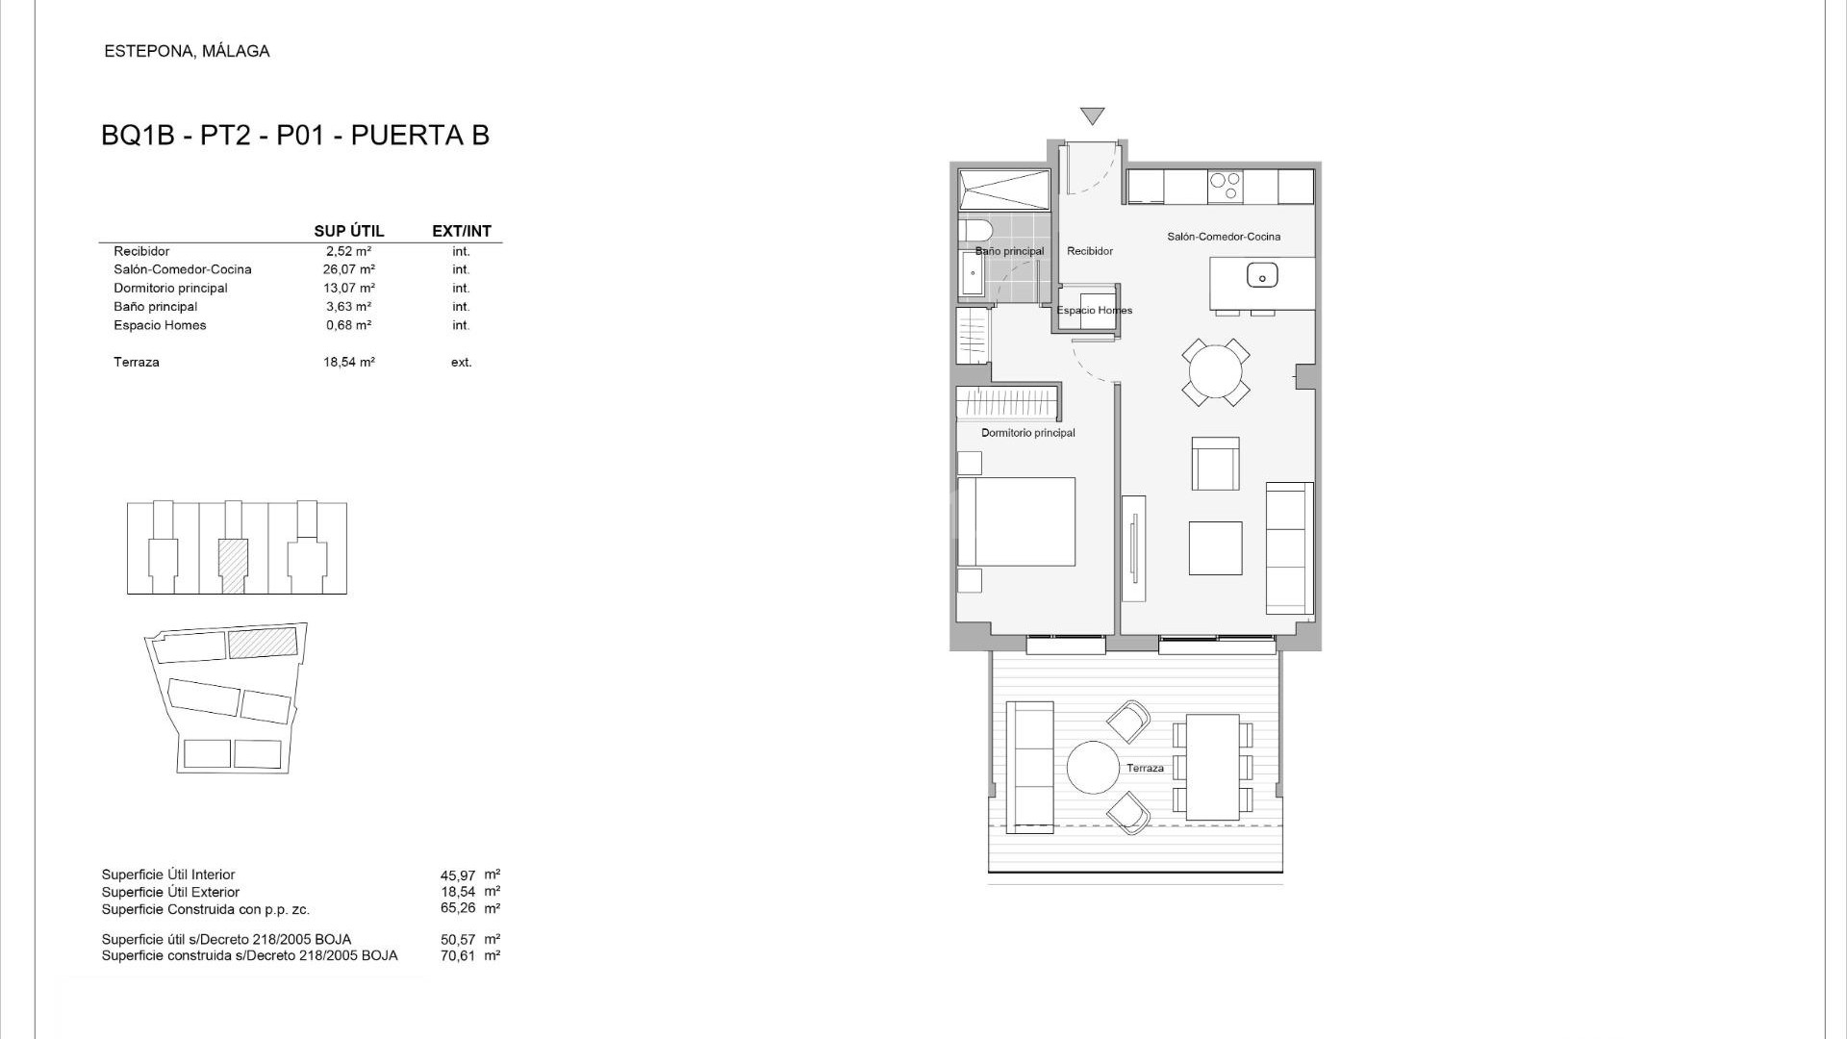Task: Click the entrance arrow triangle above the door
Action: (1092, 115)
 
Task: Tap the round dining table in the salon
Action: (1216, 371)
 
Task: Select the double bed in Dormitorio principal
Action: (1016, 521)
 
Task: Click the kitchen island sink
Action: (1262, 276)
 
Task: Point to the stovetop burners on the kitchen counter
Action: (1226, 186)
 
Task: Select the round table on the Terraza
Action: (1093, 768)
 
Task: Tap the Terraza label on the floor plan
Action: (1145, 768)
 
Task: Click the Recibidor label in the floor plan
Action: (1090, 251)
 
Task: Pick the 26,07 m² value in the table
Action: (349, 269)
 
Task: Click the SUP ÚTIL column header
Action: (349, 231)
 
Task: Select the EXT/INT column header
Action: (462, 231)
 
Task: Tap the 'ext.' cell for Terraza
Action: (462, 363)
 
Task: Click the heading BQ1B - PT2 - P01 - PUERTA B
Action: (295, 136)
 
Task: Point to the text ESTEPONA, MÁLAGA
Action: (187, 51)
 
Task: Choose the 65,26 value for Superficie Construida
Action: (458, 908)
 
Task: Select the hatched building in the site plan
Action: (263, 643)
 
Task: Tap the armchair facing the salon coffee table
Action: (1216, 464)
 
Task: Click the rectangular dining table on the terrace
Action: (1212, 767)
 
